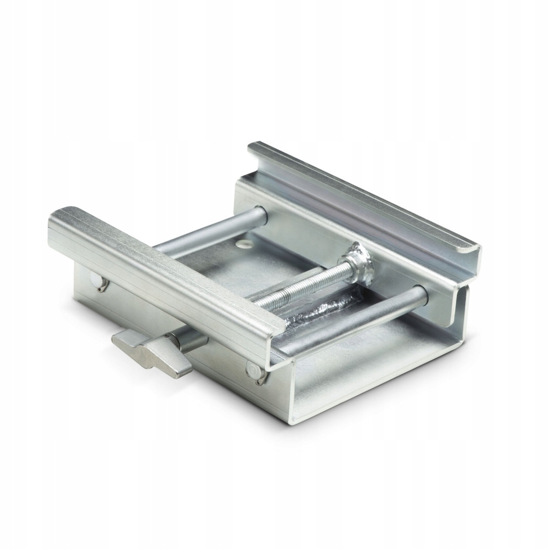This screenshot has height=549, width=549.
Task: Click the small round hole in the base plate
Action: coord(242,242)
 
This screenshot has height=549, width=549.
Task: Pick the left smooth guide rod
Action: coord(209,231)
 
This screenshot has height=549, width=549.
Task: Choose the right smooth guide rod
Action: coord(357,318)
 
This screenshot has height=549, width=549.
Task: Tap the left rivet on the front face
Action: coord(100,282)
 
